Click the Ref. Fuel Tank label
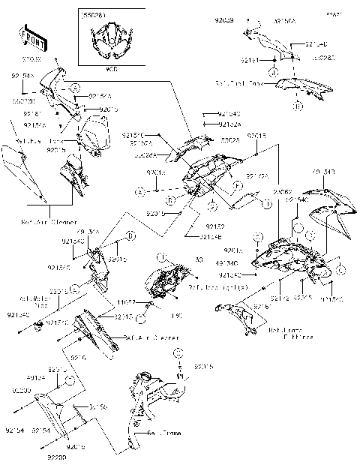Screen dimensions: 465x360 click(238, 82)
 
